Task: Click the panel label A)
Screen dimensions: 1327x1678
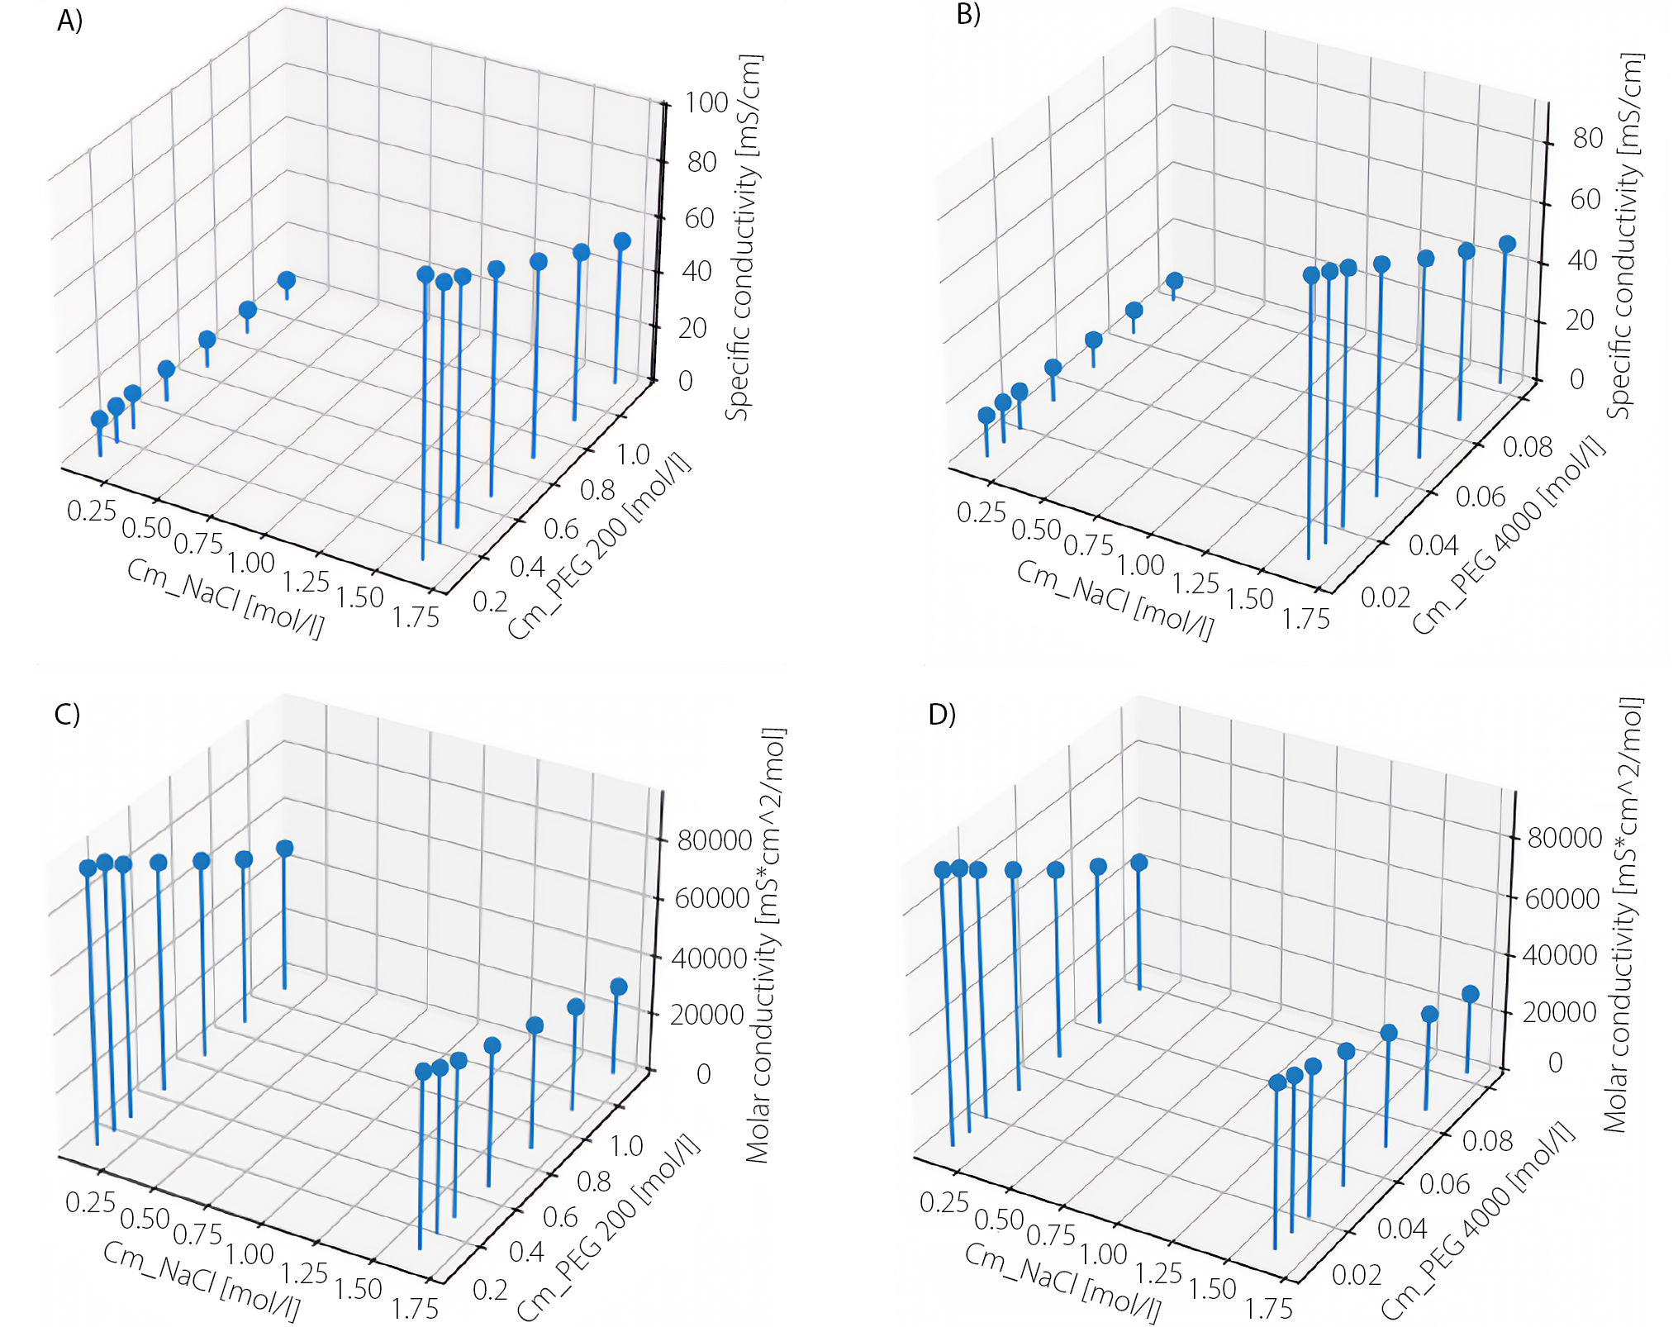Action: coord(69,21)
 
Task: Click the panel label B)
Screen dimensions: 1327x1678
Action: coord(967,15)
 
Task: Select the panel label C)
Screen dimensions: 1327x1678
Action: coord(67,713)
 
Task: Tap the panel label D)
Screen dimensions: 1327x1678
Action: coord(942,713)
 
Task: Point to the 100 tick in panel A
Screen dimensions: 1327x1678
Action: coord(706,103)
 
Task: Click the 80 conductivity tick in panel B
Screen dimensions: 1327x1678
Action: coord(1587,138)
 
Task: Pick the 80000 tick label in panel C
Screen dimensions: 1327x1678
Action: coord(715,840)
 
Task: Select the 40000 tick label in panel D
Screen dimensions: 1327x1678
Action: coord(1560,955)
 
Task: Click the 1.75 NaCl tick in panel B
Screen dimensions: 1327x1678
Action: coord(1306,618)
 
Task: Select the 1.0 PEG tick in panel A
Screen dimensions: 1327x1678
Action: coord(633,454)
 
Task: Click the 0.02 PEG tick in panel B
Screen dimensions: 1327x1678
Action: coord(1386,597)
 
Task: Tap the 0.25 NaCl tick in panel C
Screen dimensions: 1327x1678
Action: coord(90,1202)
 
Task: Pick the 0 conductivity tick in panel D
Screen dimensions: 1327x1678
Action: coord(1555,1063)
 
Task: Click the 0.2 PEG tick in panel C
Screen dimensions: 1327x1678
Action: coord(490,1289)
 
